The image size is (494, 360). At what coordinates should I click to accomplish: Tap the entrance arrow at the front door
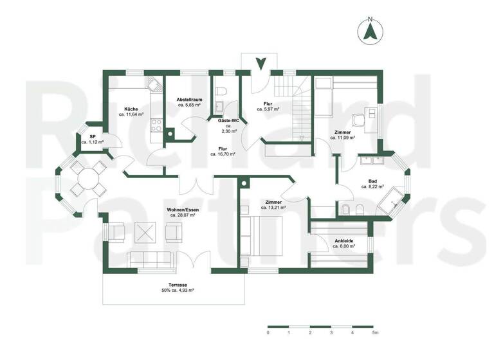point(261,64)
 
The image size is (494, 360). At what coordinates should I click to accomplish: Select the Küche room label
point(131,109)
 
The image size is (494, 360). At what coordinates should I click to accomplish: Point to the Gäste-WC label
point(226,120)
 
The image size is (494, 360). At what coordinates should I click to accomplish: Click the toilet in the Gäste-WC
point(220,91)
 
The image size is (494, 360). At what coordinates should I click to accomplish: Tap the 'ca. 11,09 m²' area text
point(343,139)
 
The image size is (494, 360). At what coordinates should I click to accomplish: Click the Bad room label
point(372,181)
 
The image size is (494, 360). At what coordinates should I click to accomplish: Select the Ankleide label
point(343,241)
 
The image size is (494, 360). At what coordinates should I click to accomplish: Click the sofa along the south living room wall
point(151,259)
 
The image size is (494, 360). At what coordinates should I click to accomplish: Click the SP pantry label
point(93,136)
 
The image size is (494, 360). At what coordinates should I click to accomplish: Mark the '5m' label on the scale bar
point(375,334)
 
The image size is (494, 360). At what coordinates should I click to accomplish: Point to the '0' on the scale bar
point(268,334)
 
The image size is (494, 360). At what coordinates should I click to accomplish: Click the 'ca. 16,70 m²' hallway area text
point(223,154)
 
